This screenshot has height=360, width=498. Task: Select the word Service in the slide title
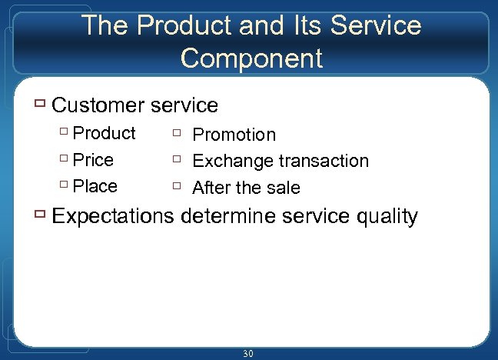click(x=377, y=25)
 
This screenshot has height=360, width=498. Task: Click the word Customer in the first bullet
click(x=98, y=105)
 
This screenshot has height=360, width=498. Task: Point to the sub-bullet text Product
click(x=104, y=133)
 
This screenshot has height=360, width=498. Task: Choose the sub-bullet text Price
click(x=93, y=160)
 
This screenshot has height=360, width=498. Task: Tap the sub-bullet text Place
click(x=95, y=186)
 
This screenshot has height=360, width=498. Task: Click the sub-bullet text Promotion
click(x=234, y=135)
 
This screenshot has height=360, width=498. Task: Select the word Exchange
click(x=233, y=161)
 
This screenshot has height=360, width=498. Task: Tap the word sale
click(x=282, y=188)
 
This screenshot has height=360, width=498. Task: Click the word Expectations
click(x=113, y=216)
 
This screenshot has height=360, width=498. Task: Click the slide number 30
click(x=247, y=354)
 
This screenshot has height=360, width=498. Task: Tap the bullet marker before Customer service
click(x=41, y=104)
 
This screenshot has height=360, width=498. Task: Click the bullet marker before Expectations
click(x=41, y=215)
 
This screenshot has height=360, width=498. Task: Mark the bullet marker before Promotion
click(x=177, y=133)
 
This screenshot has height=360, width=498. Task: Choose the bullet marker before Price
click(x=64, y=159)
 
